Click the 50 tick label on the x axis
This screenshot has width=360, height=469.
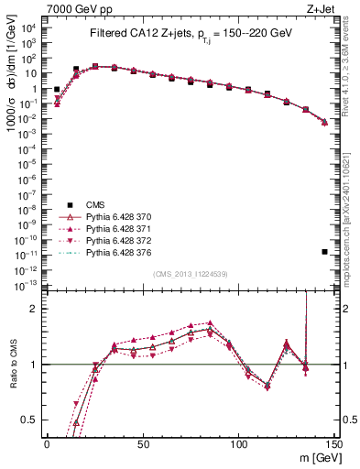143,443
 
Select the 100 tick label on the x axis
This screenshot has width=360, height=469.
238,443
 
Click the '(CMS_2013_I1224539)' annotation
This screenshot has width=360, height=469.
191,272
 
